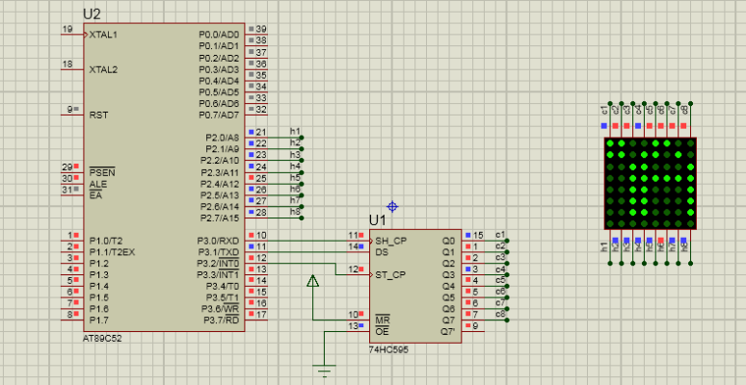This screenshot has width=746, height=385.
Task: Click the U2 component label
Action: [93, 14]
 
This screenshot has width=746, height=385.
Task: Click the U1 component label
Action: [378, 220]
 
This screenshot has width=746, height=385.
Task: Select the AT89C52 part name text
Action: [102, 339]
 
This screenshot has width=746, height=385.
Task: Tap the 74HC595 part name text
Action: [388, 349]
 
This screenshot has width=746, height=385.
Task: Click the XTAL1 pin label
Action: [103, 35]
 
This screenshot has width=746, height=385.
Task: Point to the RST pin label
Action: [98, 115]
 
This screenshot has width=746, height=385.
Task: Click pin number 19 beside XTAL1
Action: [67, 30]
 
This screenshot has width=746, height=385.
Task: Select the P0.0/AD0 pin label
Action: [219, 35]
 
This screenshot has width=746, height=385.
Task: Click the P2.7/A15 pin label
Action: [220, 218]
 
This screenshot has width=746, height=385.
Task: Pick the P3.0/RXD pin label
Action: [220, 241]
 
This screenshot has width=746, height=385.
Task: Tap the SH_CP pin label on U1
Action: [390, 240]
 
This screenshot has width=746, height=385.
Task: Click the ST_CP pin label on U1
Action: [390, 274]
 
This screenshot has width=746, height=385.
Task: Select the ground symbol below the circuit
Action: [325, 371]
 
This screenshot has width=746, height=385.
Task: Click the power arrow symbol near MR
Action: [312, 281]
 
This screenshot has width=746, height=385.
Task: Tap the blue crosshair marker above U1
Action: [392, 206]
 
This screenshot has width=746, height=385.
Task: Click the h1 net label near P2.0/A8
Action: [296, 131]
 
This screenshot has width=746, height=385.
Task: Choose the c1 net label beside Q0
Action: [499, 234]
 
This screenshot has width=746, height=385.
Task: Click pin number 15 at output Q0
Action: [478, 235]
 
